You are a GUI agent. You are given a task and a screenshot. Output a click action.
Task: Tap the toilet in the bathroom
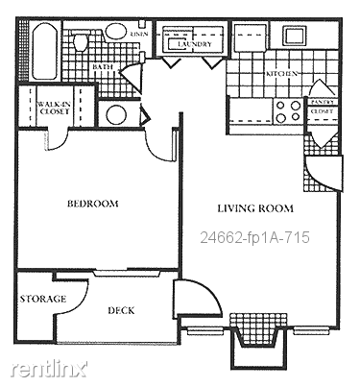tap(82, 42)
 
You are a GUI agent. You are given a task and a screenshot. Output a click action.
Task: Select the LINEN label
tap(138, 33)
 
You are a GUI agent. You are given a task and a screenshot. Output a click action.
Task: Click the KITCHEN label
tap(281, 74)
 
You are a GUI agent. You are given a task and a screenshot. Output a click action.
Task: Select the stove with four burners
tap(287, 110)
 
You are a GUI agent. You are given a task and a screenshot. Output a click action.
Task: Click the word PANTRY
tap(321, 101)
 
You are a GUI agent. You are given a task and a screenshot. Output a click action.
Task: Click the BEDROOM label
tap(92, 204)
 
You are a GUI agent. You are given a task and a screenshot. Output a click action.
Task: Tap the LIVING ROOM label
tap(254, 208)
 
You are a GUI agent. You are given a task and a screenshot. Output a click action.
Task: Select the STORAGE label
tap(42, 299)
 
